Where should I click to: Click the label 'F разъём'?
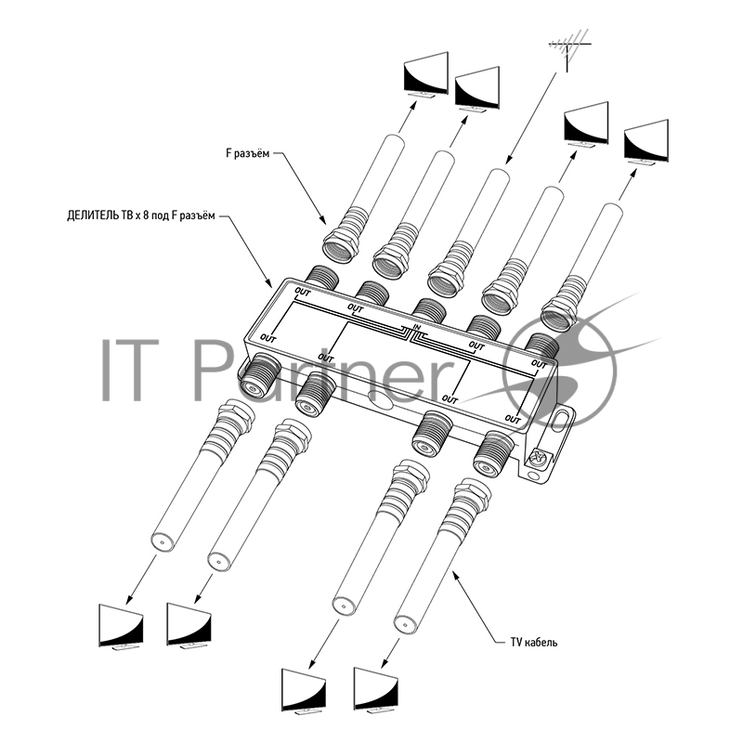pyautogui.click(x=248, y=153)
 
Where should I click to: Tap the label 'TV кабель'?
pyautogui.click(x=533, y=643)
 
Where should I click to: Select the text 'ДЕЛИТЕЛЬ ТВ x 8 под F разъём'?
pyautogui.click(x=141, y=216)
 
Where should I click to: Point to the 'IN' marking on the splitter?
pyautogui.click(x=417, y=327)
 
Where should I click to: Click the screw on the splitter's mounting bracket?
pyautogui.click(x=537, y=458)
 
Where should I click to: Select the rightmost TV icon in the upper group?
pyautogui.click(x=645, y=142)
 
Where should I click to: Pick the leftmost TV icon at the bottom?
pyautogui.click(x=121, y=626)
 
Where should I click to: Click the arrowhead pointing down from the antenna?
pyautogui.click(x=508, y=159)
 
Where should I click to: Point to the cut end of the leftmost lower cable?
pyautogui.click(x=162, y=541)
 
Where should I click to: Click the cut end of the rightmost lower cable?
pyautogui.click(x=405, y=621)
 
